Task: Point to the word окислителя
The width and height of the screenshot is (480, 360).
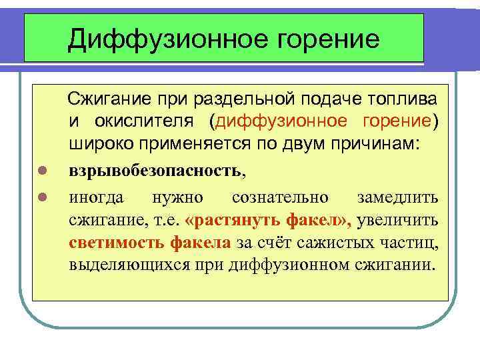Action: click(157, 122)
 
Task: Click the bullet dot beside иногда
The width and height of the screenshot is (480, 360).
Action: click(41, 197)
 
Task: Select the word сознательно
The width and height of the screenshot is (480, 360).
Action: click(280, 197)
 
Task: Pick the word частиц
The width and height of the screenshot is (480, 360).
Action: click(413, 242)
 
